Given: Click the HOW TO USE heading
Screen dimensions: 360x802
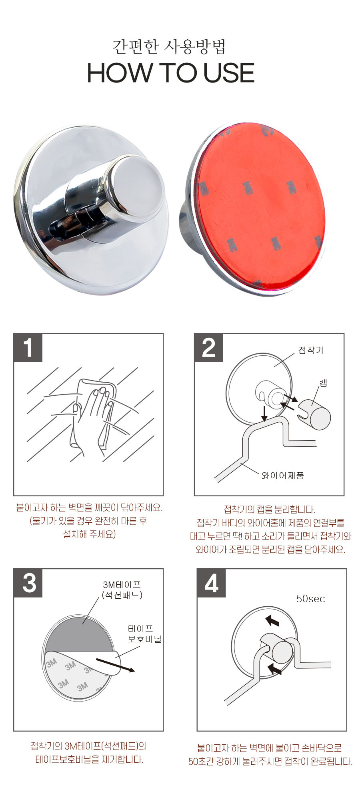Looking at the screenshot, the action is pyautogui.click(x=171, y=73).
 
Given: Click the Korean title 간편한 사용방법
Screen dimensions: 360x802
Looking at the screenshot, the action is pyautogui.click(x=169, y=46).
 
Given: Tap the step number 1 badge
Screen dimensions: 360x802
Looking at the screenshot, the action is pyautogui.click(x=28, y=348).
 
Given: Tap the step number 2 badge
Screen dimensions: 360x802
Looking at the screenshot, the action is pyautogui.click(x=209, y=348).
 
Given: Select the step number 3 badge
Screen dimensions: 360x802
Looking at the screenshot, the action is pyautogui.click(x=28, y=583).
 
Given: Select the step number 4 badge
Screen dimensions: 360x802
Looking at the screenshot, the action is pyautogui.click(x=212, y=583).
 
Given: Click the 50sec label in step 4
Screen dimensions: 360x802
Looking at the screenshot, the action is pyautogui.click(x=310, y=599).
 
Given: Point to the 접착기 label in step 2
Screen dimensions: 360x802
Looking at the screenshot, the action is pyautogui.click(x=311, y=350).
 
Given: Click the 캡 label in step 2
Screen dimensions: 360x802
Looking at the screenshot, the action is pyautogui.click(x=323, y=383).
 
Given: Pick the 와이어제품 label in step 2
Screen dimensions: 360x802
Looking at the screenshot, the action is pyautogui.click(x=283, y=475).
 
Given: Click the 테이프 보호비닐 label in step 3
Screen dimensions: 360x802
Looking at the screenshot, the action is pyautogui.click(x=144, y=634).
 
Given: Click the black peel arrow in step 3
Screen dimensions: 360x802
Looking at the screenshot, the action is pyautogui.click(x=115, y=664).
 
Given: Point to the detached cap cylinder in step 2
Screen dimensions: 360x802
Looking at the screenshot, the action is pyautogui.click(x=314, y=414).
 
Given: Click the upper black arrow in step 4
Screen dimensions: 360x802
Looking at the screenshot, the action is pyautogui.click(x=272, y=620).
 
